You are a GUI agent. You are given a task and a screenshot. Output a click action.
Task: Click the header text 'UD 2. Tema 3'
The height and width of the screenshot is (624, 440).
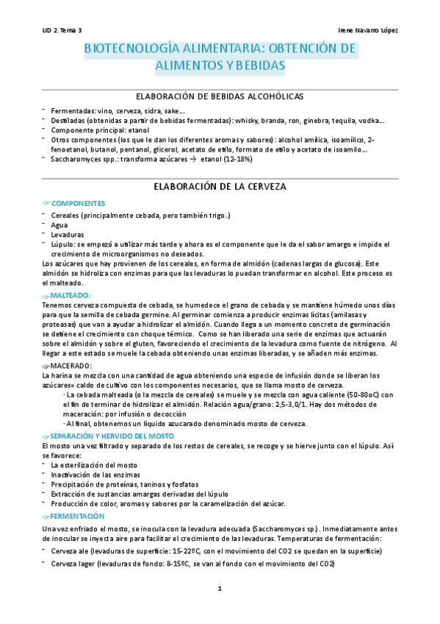[62, 30]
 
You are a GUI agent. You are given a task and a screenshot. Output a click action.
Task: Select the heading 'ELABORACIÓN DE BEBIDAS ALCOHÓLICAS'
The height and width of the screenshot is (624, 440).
[220, 96]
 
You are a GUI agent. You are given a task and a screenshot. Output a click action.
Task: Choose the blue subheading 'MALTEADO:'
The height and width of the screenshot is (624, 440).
[71, 295]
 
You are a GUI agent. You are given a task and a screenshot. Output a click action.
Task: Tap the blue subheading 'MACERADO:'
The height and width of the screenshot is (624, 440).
[71, 365]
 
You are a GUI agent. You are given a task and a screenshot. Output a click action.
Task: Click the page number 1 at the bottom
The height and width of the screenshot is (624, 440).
[220, 589]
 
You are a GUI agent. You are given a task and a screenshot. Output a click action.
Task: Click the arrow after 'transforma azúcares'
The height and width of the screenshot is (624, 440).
[192, 158]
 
